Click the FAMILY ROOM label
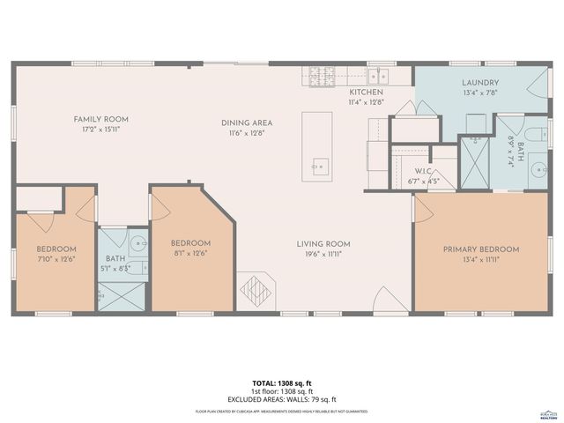(101, 119)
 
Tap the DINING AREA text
(246, 122)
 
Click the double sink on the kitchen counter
(379, 75)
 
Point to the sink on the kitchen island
(319, 164)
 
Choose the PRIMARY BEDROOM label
(480, 249)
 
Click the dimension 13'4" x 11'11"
(480, 260)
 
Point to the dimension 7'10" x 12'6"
(56, 259)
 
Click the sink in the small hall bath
(138, 244)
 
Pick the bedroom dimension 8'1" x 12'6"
(190, 254)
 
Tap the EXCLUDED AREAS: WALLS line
(281, 399)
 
